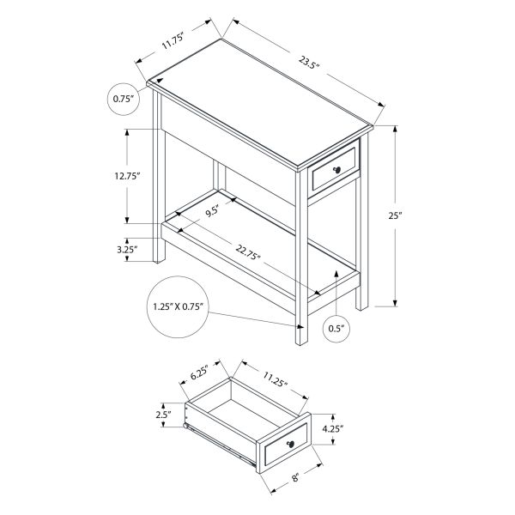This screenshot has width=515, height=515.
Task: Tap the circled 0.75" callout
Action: pyautogui.click(x=124, y=100)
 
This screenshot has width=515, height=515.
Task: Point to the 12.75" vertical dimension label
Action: pyautogui.click(x=126, y=175)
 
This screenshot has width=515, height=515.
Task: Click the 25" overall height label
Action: pyautogui.click(x=395, y=216)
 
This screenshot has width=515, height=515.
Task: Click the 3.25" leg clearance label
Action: pyautogui.click(x=127, y=251)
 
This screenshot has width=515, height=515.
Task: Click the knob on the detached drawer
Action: pyautogui.click(x=291, y=442)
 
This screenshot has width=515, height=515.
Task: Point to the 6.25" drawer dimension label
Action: pyautogui.click(x=200, y=373)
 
